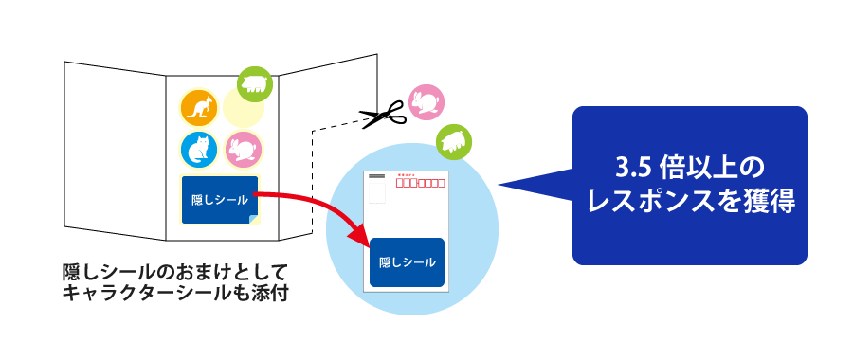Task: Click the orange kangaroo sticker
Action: (199, 108)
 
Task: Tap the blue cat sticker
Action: (199, 150)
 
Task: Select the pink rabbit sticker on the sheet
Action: (243, 150)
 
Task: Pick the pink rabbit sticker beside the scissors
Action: (426, 102)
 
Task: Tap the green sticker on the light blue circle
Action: (455, 142)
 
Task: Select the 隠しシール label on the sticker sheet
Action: (220, 199)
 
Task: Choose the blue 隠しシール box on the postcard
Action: (407, 261)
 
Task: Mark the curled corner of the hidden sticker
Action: (253, 220)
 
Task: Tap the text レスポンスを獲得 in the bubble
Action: (690, 201)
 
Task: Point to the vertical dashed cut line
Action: (313, 180)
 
